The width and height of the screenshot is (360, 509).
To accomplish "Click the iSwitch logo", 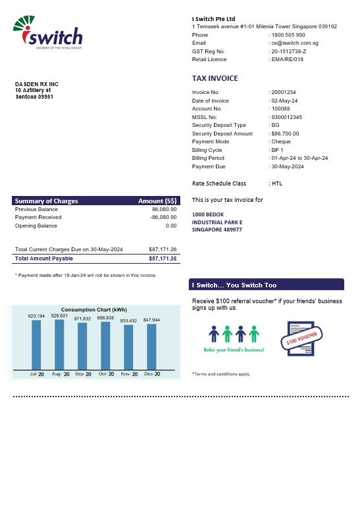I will tap(47, 33).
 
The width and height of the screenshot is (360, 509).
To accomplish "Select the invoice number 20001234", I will tap(284, 92).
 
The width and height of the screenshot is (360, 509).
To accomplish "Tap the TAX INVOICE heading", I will tap(215, 78).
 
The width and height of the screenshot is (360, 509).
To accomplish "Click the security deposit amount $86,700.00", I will tap(286, 133).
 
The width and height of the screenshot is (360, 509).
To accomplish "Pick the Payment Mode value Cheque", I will tap(281, 141).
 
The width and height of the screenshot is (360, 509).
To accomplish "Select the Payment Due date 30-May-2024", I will tap(288, 166).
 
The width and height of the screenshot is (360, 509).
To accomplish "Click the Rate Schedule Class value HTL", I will tap(278, 183).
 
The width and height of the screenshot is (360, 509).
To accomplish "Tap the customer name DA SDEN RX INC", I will tap(37, 84).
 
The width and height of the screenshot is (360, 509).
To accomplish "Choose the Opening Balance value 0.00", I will tap(171, 226).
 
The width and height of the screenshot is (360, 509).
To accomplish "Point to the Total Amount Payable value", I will tap(163, 258).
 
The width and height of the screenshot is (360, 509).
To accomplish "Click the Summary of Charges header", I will tap(47, 201).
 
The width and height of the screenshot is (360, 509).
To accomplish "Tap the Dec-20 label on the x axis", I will tap(152, 374).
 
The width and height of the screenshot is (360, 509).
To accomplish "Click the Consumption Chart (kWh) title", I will tap(94, 309).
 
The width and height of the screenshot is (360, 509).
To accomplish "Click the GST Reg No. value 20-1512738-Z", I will tap(289, 51).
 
